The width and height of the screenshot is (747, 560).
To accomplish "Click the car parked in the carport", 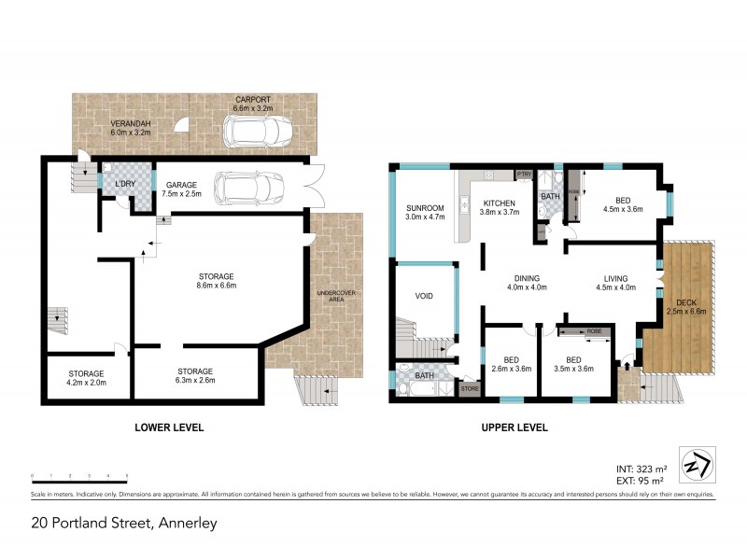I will pyautogui.click(x=254, y=133).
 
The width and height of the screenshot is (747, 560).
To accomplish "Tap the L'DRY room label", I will pyautogui.click(x=125, y=184).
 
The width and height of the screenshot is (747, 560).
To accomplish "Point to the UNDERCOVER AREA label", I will pyautogui.click(x=333, y=298).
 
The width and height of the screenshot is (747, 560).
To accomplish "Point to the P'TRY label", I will pyautogui.click(x=524, y=175).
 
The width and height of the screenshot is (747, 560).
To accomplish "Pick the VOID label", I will pyautogui.click(x=424, y=297).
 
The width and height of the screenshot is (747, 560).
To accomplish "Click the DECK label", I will pyautogui.click(x=685, y=305).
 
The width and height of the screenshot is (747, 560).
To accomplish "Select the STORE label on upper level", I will pyautogui.click(x=469, y=386).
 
